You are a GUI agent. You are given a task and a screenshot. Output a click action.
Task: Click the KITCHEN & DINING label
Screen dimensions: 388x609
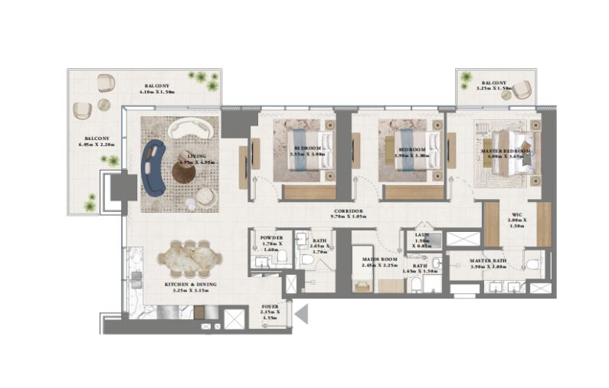pyautogui.click(x=190, y=288)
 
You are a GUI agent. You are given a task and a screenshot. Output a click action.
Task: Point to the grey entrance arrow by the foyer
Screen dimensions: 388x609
pyautogui.click(x=302, y=313)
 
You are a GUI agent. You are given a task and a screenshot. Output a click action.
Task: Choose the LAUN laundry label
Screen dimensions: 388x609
pyautogui.click(x=422, y=236)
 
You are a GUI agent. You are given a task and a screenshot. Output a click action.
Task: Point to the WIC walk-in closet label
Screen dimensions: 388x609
pyautogui.click(x=516, y=216)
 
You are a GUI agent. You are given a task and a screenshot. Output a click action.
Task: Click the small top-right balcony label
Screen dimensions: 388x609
pyautogui.click(x=494, y=83)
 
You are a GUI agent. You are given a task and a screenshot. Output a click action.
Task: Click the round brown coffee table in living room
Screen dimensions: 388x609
pyautogui.click(x=184, y=172)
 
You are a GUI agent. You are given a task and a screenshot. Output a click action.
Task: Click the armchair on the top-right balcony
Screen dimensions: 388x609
pyautogui.click(x=522, y=90)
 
